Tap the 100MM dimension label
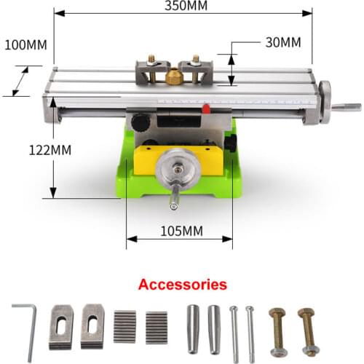[x=25, y=44]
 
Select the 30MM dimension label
[x=283, y=42]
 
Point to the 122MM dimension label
[x=25, y=150]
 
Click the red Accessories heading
[x=182, y=285]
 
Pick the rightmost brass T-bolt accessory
[x=306, y=329]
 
